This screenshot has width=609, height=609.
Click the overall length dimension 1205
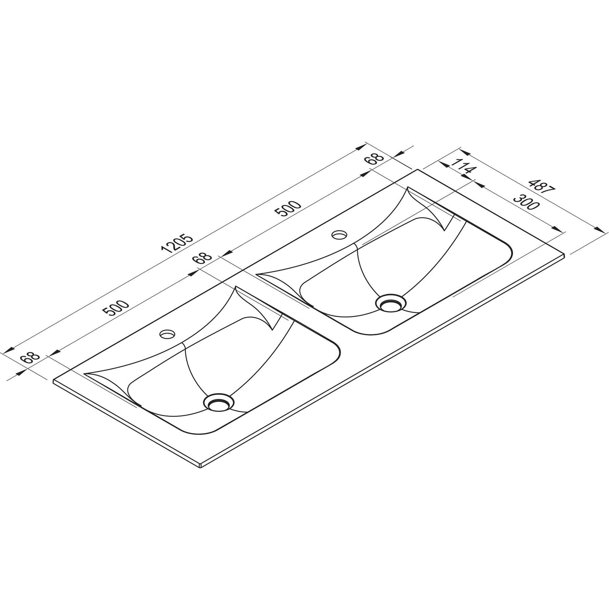click(x=177, y=244)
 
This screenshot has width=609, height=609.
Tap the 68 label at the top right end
click(x=375, y=158)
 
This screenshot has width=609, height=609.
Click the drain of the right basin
click(x=391, y=303)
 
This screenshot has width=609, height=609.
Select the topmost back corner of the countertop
click(x=418, y=170)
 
